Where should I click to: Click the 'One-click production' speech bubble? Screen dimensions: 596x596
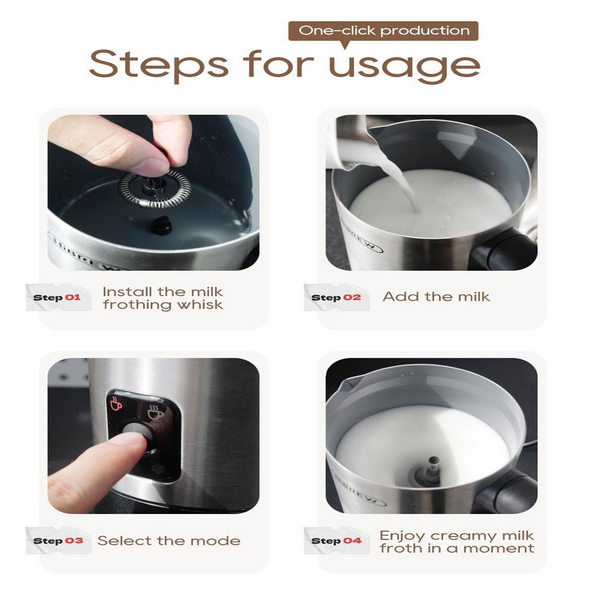(383, 31)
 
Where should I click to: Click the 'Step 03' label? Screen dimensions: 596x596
(58, 541)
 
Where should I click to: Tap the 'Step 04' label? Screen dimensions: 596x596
(337, 541)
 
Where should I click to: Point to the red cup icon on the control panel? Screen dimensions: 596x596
(116, 402)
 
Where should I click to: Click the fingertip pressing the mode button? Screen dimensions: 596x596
(134, 439)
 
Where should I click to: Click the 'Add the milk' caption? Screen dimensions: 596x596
(436, 297)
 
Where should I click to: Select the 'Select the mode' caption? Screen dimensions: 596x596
(169, 541)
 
